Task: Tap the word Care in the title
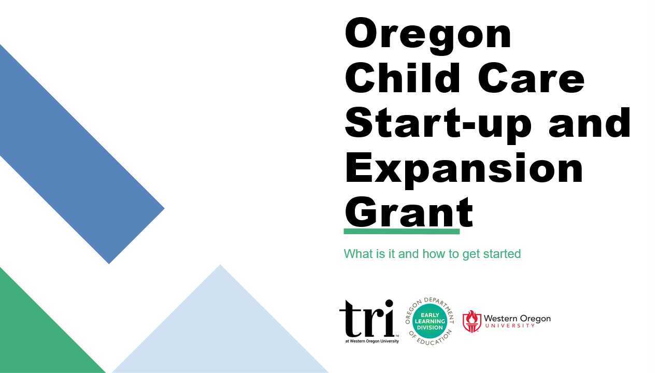coord(531,78)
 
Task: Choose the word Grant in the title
coord(409,212)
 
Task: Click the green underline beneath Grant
coord(402,232)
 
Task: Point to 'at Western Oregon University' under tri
coord(372,341)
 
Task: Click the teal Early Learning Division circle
coord(430,321)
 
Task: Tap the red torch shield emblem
coord(471,321)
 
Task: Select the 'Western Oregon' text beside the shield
coord(517,318)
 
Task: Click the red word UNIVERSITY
coord(510,325)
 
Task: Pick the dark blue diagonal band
coord(77,153)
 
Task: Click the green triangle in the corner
coord(38,333)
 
